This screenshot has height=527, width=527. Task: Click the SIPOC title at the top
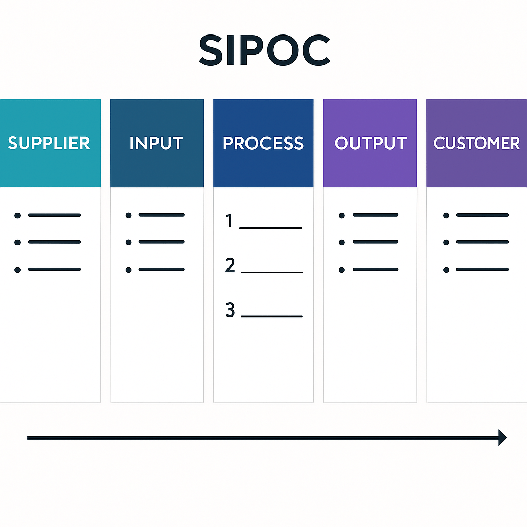click(264, 50)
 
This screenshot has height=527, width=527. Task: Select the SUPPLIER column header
click(49, 143)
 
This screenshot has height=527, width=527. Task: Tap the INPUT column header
click(156, 143)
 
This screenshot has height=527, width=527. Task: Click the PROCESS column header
click(263, 143)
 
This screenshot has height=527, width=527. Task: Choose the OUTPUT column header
click(371, 143)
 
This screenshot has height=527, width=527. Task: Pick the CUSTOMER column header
click(477, 143)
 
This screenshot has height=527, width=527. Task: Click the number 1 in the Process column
click(230, 221)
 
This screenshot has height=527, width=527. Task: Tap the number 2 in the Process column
click(230, 266)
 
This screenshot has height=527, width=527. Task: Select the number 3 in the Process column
click(230, 310)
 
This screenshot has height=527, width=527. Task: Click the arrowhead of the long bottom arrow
click(502, 438)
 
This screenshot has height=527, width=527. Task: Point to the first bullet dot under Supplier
click(17, 215)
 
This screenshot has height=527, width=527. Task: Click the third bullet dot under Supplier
click(17, 270)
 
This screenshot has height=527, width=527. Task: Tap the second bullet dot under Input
click(128, 242)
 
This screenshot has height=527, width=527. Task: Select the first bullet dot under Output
click(342, 215)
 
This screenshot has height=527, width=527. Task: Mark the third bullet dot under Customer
click(446, 270)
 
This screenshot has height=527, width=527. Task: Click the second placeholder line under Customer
click(482, 242)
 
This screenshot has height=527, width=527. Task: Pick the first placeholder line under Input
click(162, 215)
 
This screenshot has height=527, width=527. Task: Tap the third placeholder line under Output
click(375, 269)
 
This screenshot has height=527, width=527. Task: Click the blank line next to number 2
click(272, 272)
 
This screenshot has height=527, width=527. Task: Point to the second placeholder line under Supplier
click(55, 242)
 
